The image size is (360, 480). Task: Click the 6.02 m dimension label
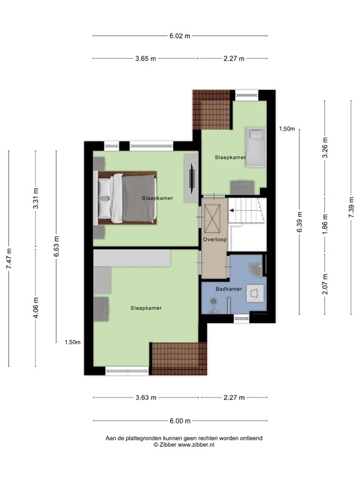point(179,36)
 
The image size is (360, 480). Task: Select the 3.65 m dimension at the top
point(146,59)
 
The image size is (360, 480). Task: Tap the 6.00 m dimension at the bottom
point(179,421)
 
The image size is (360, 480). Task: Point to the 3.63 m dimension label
point(146,397)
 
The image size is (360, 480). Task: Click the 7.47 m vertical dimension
point(9,257)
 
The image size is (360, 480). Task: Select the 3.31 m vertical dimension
point(36,199)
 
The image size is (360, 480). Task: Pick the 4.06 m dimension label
point(36,306)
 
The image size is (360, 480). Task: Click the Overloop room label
point(213,239)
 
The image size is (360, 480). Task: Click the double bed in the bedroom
point(127,197)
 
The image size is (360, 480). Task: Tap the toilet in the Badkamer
point(254,292)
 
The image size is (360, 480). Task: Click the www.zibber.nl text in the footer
point(188,445)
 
